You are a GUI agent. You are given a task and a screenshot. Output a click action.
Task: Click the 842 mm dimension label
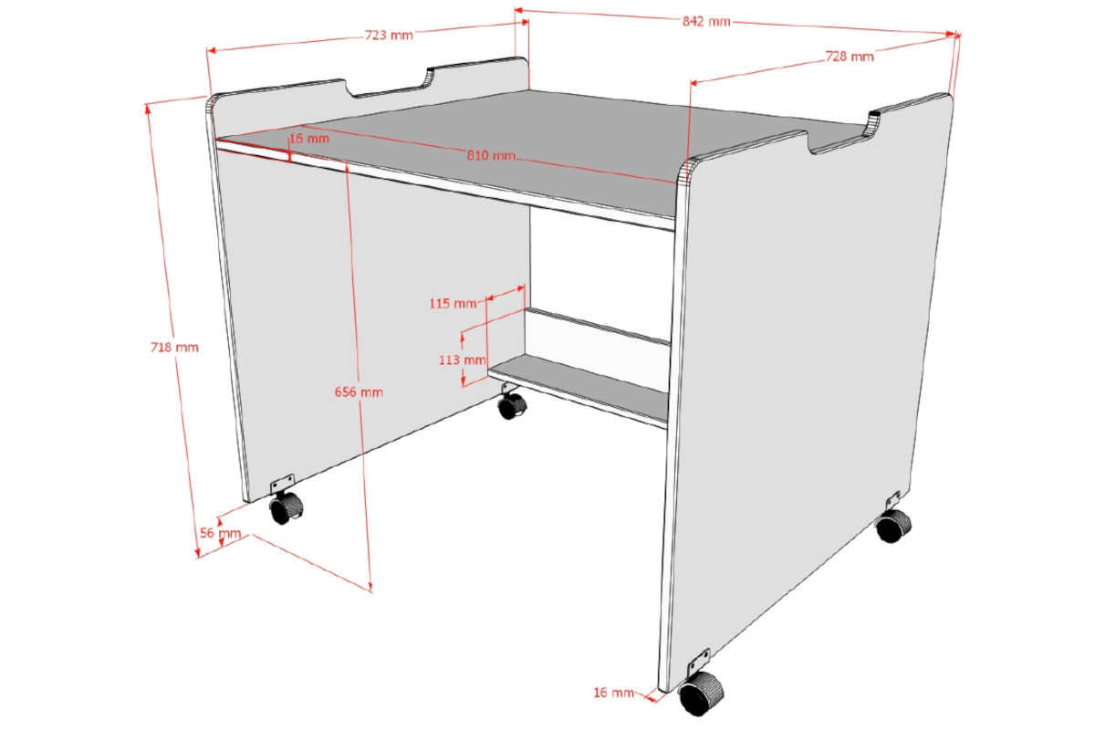706,22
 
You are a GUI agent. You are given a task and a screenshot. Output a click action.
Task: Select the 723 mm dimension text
389,36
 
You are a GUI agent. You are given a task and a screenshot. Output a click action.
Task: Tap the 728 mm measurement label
850,57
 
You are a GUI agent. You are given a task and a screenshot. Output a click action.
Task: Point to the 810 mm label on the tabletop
491,155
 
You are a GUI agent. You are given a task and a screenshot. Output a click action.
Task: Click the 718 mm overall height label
174,347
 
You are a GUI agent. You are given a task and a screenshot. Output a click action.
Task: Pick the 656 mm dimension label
359,391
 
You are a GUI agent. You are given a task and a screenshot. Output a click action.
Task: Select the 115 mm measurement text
453,304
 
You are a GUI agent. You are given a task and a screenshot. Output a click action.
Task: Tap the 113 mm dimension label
462,360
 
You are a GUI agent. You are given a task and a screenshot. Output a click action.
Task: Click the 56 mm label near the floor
221,533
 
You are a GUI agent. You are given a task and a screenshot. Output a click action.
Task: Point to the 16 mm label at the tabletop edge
309,139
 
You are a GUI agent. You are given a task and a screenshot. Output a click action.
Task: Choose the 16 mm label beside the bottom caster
613,693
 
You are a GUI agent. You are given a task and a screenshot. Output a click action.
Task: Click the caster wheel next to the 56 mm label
287,507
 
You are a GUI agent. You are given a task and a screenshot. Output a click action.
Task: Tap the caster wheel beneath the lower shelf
512,405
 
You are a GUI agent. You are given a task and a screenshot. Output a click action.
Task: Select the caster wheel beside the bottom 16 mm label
701,693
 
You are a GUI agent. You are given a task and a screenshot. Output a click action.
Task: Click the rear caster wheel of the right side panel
893,525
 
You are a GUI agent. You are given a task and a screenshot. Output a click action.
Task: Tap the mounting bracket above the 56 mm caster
282,483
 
